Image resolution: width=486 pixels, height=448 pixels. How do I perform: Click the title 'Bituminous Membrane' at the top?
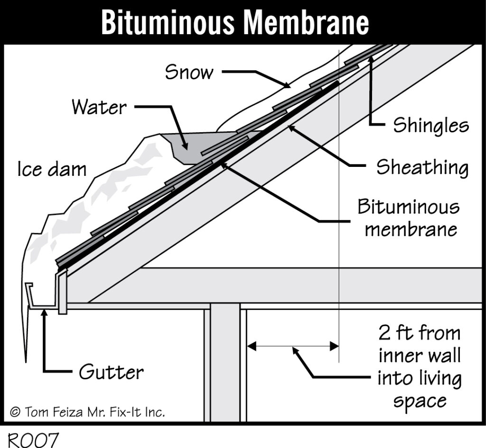click(234, 22)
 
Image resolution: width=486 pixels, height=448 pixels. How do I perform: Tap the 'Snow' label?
click(189, 73)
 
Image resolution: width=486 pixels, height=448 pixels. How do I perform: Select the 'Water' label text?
click(99, 107)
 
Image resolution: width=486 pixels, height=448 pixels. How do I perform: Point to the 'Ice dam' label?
click(52, 169)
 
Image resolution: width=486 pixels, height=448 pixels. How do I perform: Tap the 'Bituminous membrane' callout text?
click(408, 218)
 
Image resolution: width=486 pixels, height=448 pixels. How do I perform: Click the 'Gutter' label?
click(111, 372)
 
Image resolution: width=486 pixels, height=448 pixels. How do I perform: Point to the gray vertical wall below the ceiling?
click(225, 365)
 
